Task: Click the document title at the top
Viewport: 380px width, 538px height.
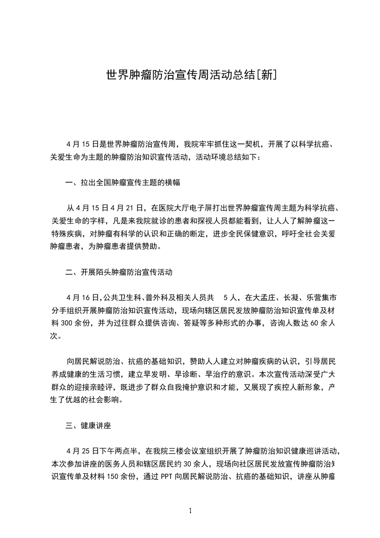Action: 190,76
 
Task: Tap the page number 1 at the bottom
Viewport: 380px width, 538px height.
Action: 190,511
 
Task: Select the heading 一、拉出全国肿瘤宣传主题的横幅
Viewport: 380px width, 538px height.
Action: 122,182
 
